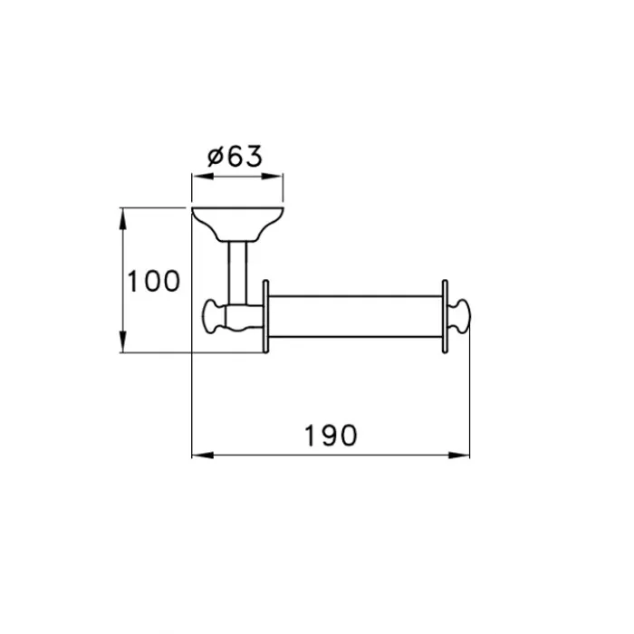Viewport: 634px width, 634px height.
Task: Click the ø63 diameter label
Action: [x=235, y=156]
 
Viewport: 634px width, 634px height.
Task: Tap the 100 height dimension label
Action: [x=154, y=281]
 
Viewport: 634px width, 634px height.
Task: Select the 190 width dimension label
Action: [x=331, y=436]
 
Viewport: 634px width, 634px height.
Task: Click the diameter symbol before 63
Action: [x=216, y=157]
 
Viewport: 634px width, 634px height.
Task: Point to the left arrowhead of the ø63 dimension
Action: [x=202, y=177]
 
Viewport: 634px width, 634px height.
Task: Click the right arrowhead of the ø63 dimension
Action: [x=272, y=177]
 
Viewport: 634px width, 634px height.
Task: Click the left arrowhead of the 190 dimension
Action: [x=203, y=456]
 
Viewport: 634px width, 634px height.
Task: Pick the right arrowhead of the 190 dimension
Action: [x=459, y=456]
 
